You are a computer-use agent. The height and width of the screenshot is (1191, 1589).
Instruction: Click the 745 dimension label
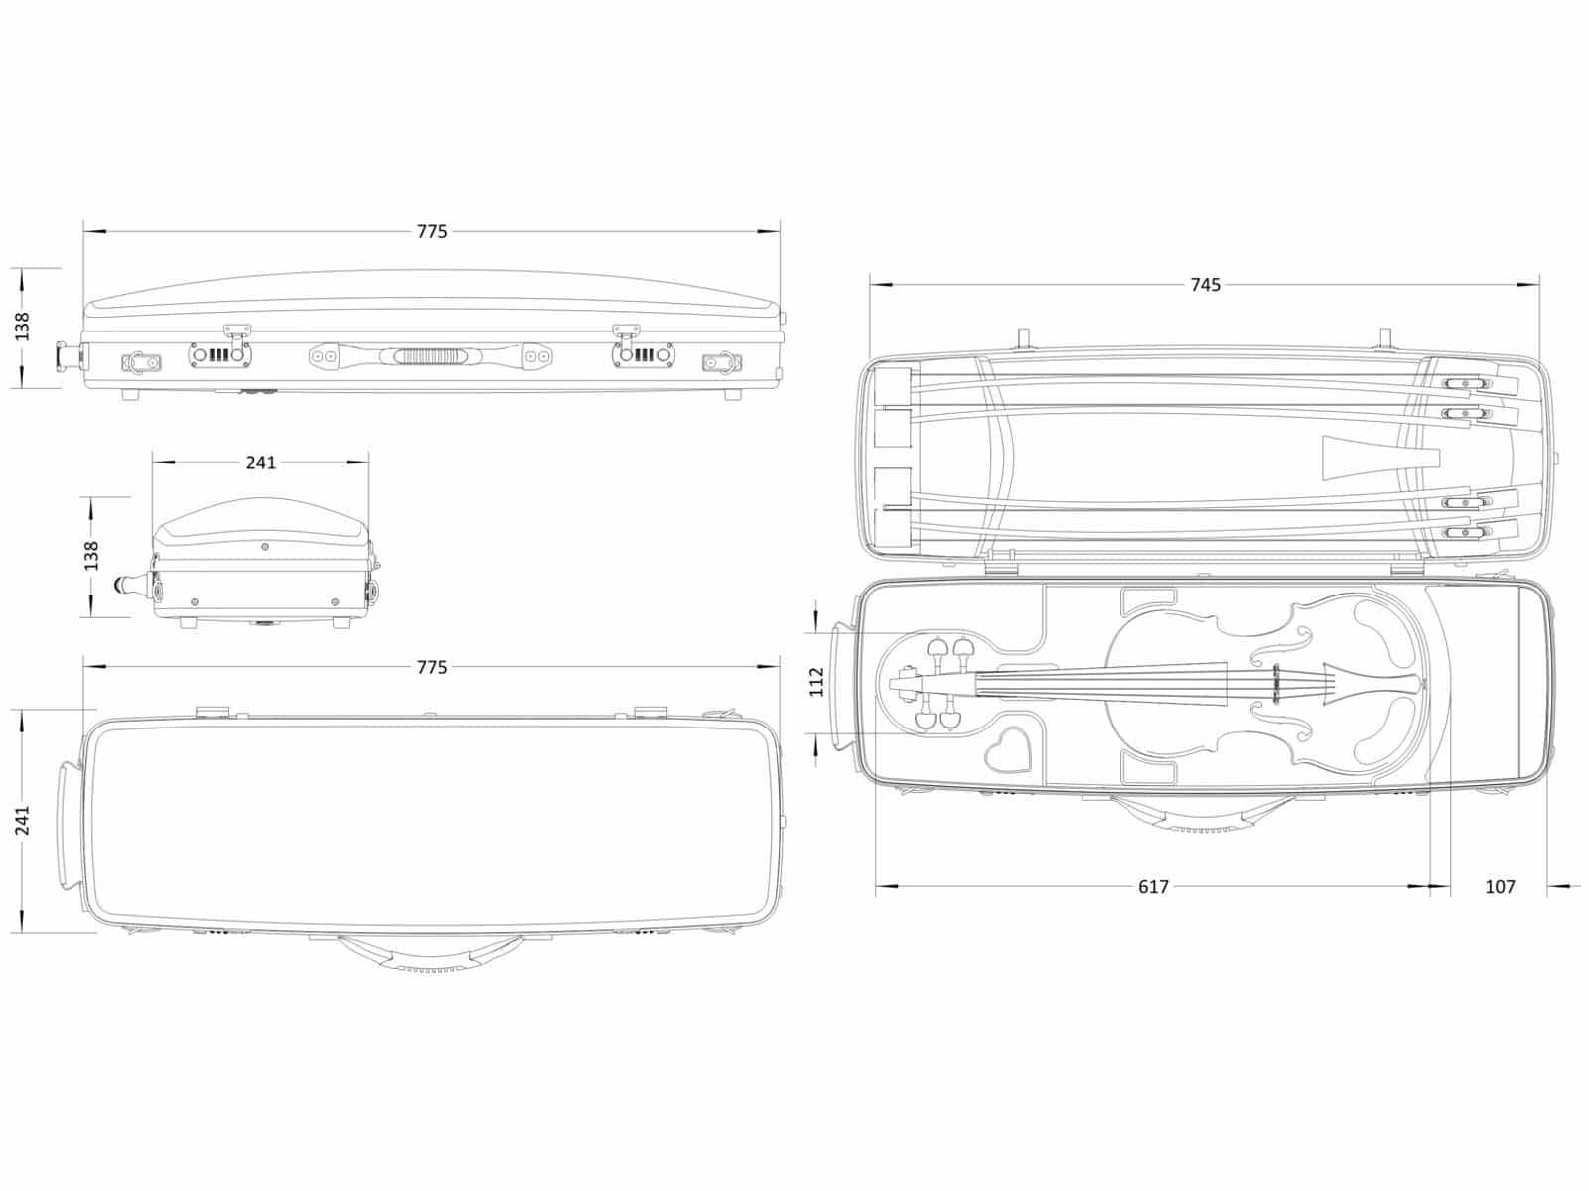(1206, 285)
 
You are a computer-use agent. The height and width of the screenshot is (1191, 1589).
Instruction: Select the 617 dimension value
(1153, 886)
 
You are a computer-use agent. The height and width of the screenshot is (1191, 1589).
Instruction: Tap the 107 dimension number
(1500, 886)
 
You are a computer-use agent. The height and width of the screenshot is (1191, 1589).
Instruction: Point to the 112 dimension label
(816, 682)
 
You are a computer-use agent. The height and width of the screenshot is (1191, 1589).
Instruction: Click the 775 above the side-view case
(432, 231)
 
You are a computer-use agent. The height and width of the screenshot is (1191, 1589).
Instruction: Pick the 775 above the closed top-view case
(432, 667)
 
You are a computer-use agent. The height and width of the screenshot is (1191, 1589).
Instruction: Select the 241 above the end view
(260, 463)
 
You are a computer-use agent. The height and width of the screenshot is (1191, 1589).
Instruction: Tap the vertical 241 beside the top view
(23, 821)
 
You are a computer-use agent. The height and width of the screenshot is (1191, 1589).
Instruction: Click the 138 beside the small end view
(91, 556)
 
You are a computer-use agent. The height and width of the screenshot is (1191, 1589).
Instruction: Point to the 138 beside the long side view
(23, 327)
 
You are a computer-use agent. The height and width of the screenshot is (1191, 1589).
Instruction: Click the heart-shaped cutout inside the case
(1008, 749)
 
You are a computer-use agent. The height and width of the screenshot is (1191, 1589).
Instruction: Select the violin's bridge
(1275, 683)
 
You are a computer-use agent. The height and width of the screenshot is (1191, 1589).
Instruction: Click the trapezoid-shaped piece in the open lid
(1379, 458)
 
